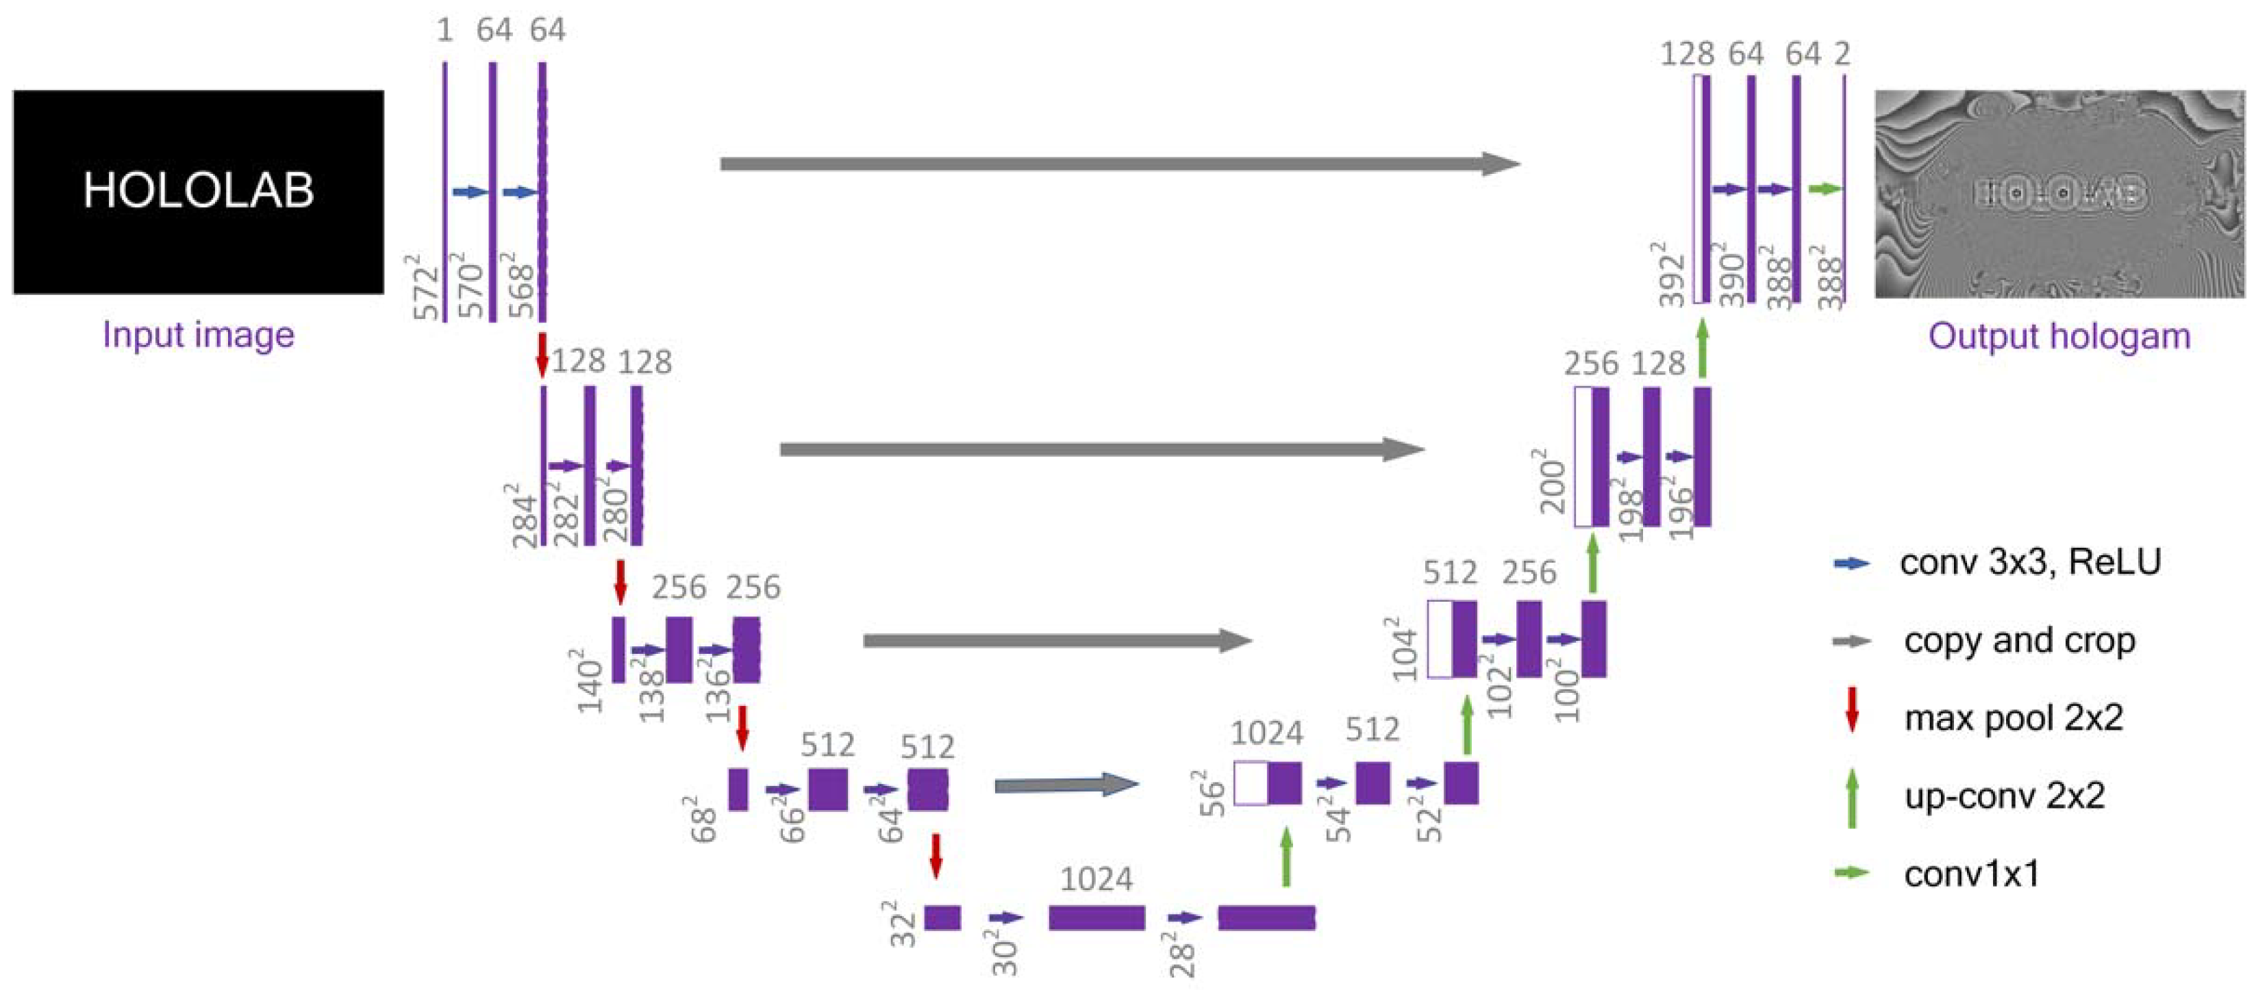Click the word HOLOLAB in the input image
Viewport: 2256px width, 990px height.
click(x=198, y=190)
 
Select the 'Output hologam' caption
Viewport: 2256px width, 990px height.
click(x=2059, y=336)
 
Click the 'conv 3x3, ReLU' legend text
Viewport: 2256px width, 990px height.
click(x=2029, y=562)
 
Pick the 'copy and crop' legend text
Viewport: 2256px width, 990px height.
click(x=2018, y=641)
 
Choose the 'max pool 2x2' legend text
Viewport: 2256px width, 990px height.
click(x=2014, y=718)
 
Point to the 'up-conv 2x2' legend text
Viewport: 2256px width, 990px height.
click(x=2004, y=796)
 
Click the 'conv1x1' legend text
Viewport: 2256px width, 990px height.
click(x=1971, y=874)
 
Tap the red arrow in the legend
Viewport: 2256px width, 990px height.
click(x=1851, y=710)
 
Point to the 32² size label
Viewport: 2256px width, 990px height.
click(x=904, y=924)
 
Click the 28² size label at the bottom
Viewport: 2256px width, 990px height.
click(x=1181, y=955)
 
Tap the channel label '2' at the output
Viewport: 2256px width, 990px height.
click(x=1842, y=54)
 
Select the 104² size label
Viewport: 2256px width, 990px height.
click(x=1404, y=648)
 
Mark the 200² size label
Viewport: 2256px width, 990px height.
click(x=1552, y=481)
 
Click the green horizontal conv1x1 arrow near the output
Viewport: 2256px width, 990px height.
click(x=1825, y=189)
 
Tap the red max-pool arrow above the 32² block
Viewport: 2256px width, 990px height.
click(x=936, y=855)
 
